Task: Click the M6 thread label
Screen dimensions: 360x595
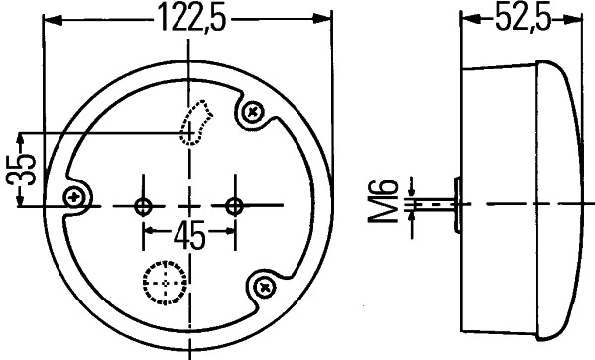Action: click(x=391, y=202)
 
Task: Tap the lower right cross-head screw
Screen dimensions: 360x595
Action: click(x=265, y=286)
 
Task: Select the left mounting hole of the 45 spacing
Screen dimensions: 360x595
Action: click(x=144, y=205)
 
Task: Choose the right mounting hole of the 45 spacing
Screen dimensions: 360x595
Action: click(x=234, y=205)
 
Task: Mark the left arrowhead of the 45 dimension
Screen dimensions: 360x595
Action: click(x=150, y=235)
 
